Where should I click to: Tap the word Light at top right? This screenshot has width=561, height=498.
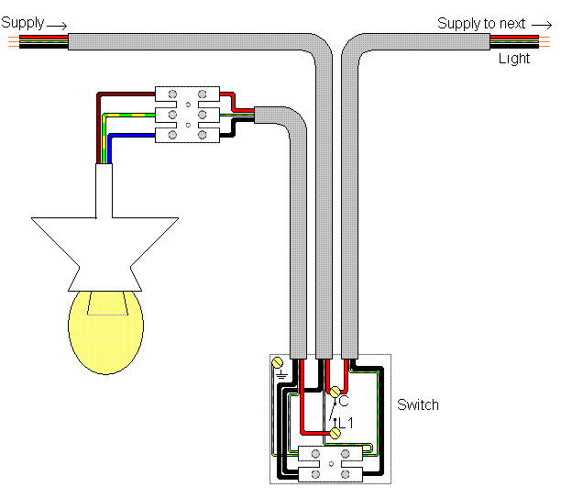tap(514, 59)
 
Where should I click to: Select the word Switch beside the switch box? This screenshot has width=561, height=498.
tap(417, 404)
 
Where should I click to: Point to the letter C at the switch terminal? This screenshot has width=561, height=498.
tap(344, 401)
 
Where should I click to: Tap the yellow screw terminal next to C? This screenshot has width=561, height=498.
tap(335, 392)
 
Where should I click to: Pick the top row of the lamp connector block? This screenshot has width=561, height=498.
tap(187, 94)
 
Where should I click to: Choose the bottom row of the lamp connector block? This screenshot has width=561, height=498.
tap(187, 135)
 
